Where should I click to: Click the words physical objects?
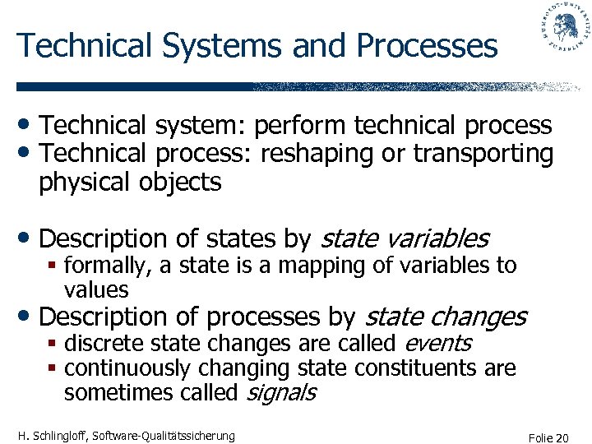130,182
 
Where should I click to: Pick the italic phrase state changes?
445,316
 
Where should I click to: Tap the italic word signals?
282,392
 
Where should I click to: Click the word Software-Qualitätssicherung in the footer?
165,435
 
